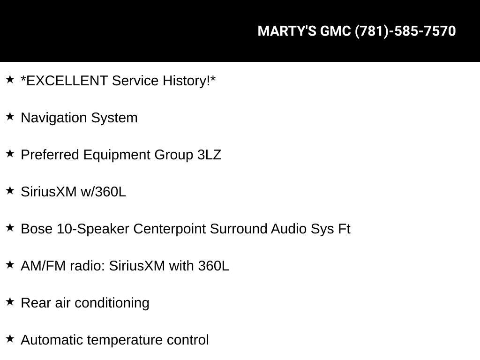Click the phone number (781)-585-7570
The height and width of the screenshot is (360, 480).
coord(405,31)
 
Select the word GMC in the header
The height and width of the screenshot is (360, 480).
coord(336,31)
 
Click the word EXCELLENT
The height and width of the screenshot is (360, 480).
coord(67,81)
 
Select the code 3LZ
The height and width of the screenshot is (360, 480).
coord(210,155)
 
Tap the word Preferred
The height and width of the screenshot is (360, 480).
coord(50,155)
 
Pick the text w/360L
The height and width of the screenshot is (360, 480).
coord(103,192)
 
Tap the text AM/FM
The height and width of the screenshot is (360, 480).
coord(43,266)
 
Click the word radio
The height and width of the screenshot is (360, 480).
coord(87,266)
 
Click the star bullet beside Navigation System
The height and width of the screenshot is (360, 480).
coord(10,116)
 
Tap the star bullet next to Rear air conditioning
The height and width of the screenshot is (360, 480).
coord(10,301)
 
